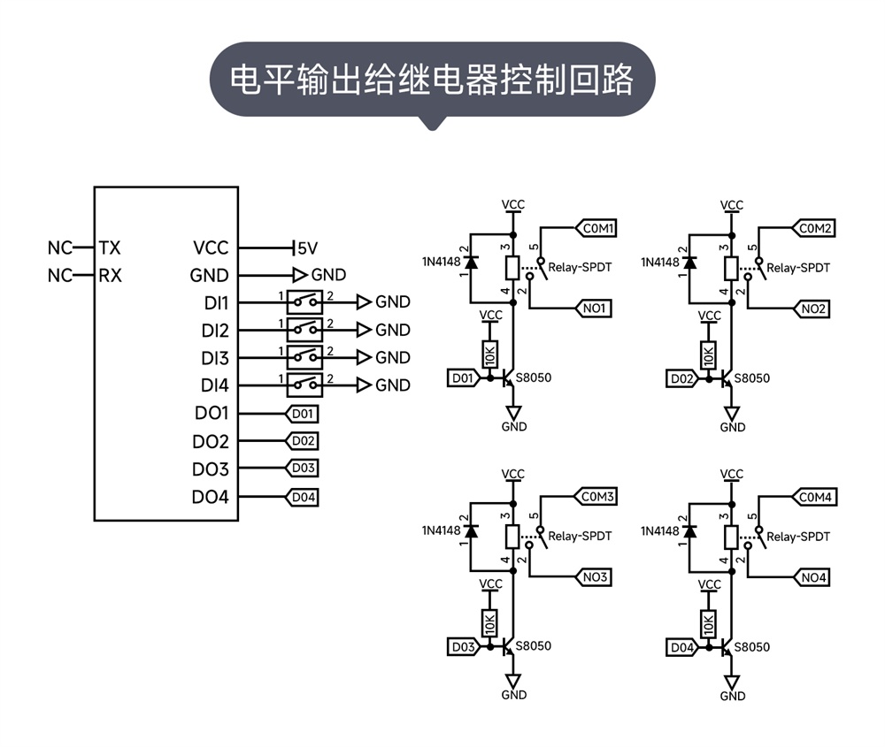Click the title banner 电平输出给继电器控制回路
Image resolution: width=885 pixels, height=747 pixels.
432,79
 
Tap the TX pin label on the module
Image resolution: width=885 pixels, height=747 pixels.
110,248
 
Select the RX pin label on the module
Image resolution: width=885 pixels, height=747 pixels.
110,275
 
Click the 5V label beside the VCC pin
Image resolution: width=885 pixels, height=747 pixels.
307,248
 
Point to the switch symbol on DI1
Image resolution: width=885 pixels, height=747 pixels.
304,301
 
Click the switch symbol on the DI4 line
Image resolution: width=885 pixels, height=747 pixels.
304,385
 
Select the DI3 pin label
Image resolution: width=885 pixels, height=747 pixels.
214,358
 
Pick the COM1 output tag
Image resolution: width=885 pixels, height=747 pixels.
597,229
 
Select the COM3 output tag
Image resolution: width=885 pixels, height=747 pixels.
597,497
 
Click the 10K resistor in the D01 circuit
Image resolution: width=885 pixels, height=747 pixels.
489,354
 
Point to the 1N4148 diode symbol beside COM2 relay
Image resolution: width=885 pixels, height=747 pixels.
689,263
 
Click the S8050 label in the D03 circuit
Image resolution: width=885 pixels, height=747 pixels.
533,646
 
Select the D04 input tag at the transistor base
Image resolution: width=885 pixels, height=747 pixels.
681,647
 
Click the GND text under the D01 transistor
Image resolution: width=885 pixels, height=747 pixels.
513,427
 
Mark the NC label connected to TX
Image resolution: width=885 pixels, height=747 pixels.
60,248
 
